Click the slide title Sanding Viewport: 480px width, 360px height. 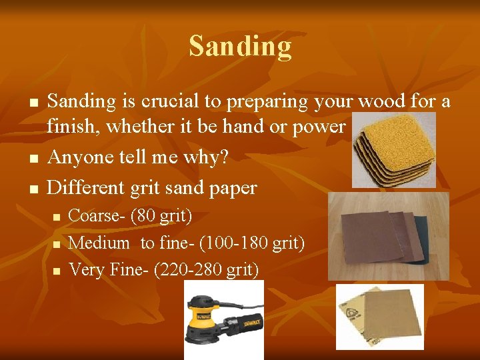tap(240, 47)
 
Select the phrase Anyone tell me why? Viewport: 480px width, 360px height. tap(138, 158)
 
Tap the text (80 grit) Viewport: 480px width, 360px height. tap(161, 216)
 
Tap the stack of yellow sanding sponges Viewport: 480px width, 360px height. tap(393, 150)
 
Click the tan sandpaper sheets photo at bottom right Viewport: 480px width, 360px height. tap(379, 317)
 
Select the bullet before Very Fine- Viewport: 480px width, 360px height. tap(57, 271)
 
